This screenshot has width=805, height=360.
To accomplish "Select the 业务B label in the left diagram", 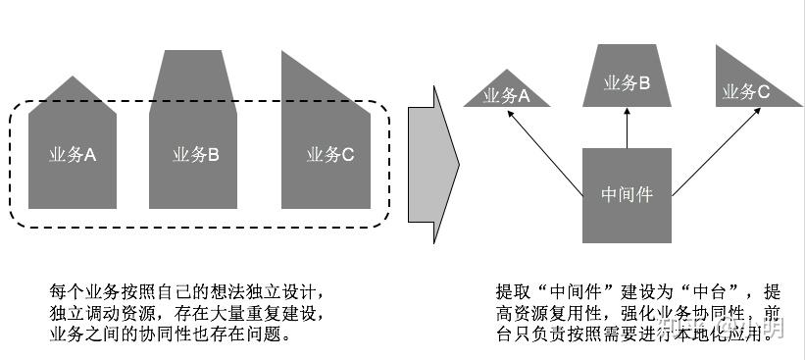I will (x=194, y=154).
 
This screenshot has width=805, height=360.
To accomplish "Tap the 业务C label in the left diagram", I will (x=329, y=154).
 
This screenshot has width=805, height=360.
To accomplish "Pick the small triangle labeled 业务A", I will (x=505, y=93).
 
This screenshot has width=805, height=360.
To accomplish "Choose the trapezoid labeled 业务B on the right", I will (x=626, y=83).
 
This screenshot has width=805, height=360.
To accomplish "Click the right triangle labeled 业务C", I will (x=745, y=90).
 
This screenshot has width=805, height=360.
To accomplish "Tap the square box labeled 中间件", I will (x=627, y=195).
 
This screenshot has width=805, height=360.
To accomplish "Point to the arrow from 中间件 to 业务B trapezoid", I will (x=627, y=128).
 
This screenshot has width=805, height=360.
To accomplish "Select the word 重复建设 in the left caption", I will (x=287, y=313).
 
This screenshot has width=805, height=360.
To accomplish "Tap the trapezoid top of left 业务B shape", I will (x=194, y=74).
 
